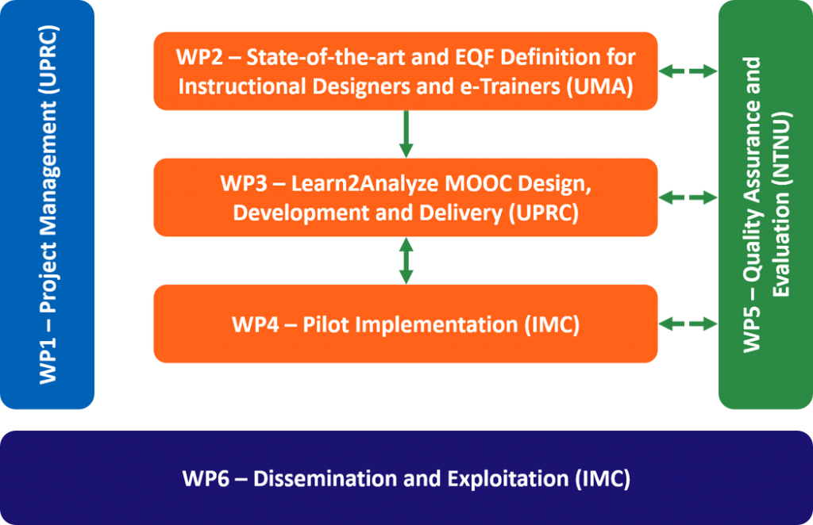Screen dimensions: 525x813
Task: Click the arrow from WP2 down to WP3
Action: click(x=406, y=133)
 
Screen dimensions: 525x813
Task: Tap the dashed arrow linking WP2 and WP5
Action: click(x=688, y=72)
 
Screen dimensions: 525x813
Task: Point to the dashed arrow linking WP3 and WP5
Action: click(x=688, y=197)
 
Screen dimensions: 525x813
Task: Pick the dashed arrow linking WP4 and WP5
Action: click(x=688, y=324)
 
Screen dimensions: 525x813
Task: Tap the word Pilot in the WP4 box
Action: click(x=327, y=324)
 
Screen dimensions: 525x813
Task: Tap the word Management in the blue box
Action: click(x=49, y=201)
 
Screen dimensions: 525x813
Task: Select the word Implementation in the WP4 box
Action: click(x=448, y=324)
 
